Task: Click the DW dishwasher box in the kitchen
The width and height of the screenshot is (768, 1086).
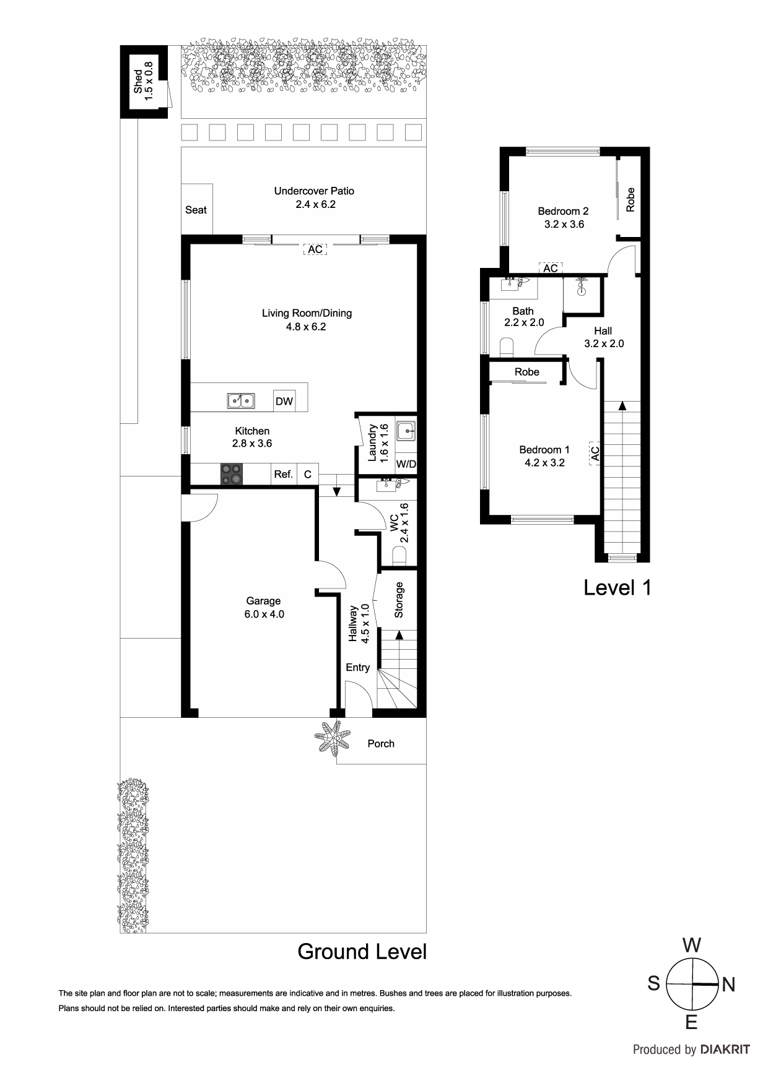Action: [x=284, y=401]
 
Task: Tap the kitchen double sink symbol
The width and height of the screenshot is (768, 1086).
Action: [x=240, y=401]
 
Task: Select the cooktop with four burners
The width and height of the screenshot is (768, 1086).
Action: [x=232, y=474]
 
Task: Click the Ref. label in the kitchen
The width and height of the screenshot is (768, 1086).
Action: [x=283, y=474]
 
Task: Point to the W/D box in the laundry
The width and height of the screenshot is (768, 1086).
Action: [x=406, y=463]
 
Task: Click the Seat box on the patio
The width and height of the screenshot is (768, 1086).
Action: [x=196, y=210]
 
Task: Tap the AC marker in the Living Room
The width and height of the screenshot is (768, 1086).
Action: [x=315, y=249]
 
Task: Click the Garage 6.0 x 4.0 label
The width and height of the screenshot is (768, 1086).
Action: [x=264, y=607]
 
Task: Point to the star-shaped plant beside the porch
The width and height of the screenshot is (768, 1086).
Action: [x=333, y=736]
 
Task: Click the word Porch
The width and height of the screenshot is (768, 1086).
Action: [x=381, y=744]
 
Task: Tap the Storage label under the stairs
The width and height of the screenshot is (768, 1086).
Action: [x=399, y=600]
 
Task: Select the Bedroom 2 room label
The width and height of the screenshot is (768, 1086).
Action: [x=564, y=217]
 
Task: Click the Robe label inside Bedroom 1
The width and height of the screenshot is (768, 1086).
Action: [x=527, y=372]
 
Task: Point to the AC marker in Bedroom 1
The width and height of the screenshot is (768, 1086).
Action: [x=594, y=454]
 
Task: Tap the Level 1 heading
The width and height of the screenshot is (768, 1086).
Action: [x=617, y=587]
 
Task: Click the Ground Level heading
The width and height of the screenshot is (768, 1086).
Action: [x=362, y=951]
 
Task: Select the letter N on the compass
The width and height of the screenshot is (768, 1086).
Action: [x=728, y=985]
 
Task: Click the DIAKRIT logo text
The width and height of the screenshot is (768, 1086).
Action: [x=725, y=1049]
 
